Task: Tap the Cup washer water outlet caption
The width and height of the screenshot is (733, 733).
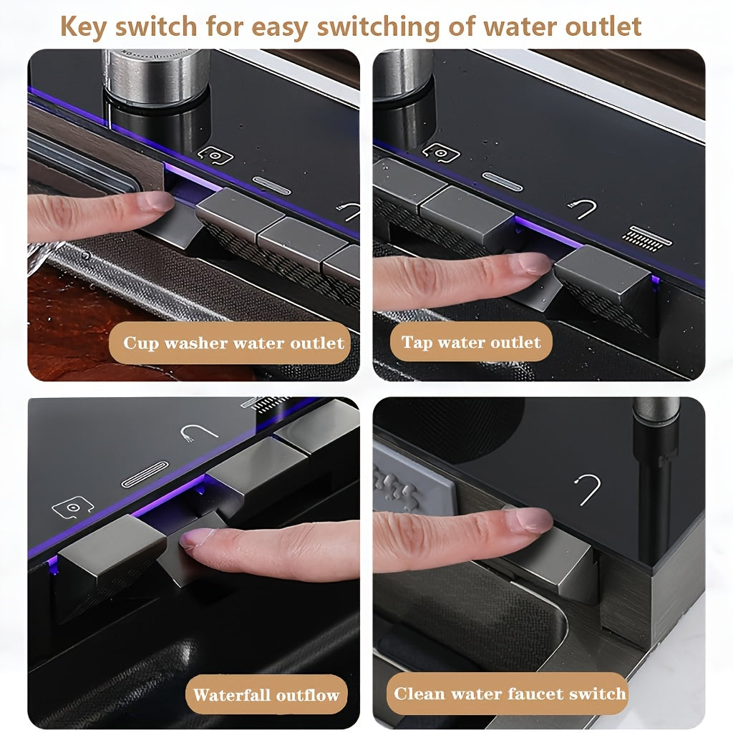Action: [233, 343]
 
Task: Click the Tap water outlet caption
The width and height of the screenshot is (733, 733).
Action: [471, 342]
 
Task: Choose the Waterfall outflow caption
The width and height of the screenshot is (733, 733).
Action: [266, 694]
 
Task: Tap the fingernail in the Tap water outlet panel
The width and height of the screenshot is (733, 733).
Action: [534, 263]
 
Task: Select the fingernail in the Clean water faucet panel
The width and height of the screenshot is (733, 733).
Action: [532, 519]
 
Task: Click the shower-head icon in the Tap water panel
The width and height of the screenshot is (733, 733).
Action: [646, 236]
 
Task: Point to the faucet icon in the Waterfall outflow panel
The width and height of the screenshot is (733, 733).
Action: [198, 432]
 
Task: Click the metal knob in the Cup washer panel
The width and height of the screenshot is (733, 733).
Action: [155, 75]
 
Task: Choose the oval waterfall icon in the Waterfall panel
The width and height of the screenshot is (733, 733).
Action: [145, 474]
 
